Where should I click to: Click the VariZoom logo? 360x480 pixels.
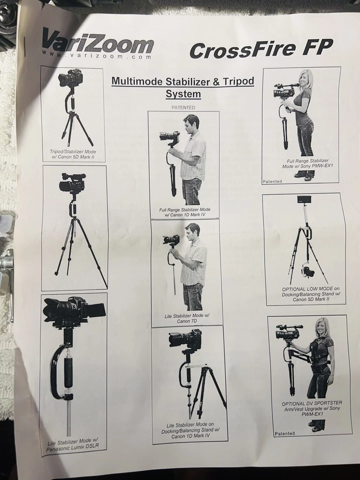[x=98, y=41]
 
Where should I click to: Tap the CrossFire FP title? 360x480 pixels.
[x=260, y=49]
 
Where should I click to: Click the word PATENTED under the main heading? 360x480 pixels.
[x=183, y=107]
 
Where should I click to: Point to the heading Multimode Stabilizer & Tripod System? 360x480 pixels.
[x=183, y=87]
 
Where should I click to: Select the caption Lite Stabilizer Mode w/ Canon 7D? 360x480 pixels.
[x=187, y=318]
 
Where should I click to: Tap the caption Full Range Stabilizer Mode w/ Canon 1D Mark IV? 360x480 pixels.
[x=184, y=211]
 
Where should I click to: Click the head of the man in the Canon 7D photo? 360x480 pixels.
[x=192, y=231]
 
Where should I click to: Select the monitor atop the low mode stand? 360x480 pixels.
[x=304, y=200]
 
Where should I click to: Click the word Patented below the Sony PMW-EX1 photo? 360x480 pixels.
[x=272, y=181]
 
